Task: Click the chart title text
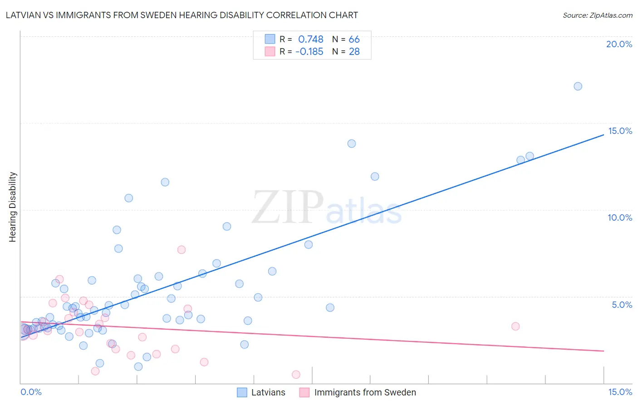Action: (x=182, y=15)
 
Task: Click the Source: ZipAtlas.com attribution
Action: (x=597, y=15)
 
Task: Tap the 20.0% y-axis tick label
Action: (x=619, y=44)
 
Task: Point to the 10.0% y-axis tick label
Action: (x=619, y=217)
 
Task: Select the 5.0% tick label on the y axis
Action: (x=622, y=305)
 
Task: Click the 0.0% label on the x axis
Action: (x=31, y=392)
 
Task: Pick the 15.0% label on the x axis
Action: (x=619, y=392)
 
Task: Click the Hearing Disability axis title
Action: (x=13, y=207)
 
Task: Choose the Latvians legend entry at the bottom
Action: (x=268, y=392)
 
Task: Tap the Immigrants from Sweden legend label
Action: (x=365, y=392)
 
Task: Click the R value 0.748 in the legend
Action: (x=310, y=39)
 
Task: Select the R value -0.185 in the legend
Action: (x=309, y=51)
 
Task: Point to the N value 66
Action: (x=354, y=39)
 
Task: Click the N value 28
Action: (x=354, y=51)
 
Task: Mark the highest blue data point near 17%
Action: (x=578, y=86)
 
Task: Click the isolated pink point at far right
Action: (x=515, y=326)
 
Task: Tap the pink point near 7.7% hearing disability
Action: (x=182, y=250)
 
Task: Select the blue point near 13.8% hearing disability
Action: (x=352, y=143)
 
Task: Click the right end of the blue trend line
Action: (x=604, y=134)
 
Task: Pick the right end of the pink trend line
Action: (x=604, y=351)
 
